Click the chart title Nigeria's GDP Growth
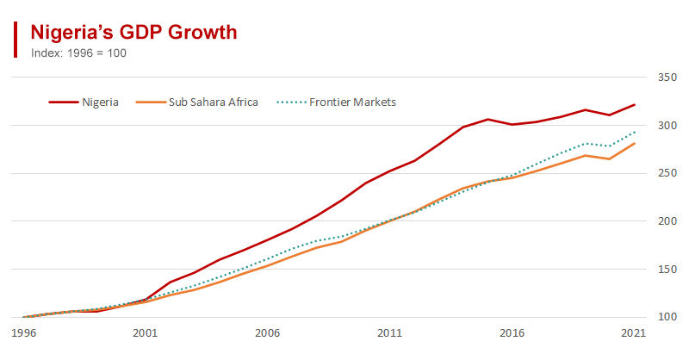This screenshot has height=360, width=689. coord(133,33)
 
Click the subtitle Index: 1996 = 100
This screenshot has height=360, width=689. coord(79,53)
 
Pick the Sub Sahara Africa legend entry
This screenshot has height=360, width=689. coord(207,102)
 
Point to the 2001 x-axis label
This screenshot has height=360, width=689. coord(145,332)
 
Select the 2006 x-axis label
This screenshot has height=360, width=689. coord(267,332)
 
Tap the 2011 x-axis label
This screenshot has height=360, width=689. coord(389,332)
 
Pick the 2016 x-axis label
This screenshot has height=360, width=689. coord(512,332)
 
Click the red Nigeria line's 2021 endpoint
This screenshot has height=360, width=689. coord(635,104)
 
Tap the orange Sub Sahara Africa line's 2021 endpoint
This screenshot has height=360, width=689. coord(635,143)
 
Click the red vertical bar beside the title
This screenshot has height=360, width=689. coord(16,40)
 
